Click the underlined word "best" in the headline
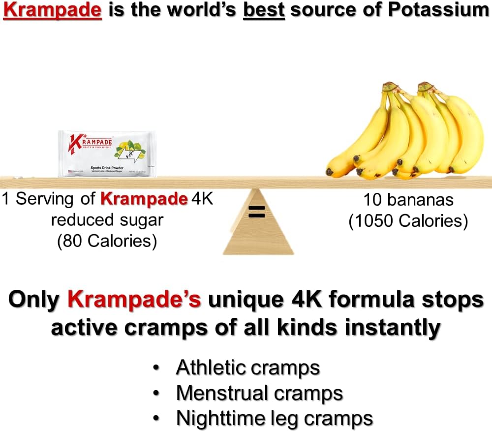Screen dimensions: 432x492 pos(265,10)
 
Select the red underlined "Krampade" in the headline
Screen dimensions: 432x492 pos(56,10)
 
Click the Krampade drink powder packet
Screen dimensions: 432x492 pos(107,153)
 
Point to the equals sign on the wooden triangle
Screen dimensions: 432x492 pos(256,212)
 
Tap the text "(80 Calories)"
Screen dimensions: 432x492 pos(107,241)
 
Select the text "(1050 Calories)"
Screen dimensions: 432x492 pos(408,221)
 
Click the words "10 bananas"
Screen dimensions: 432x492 pos(408,200)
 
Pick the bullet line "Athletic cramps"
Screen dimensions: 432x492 pos(248,368)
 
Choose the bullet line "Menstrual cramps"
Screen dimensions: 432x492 pos(259,393)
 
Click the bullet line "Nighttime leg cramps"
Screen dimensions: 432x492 pos(274,419)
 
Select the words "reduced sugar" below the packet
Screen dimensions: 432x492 pos(107,220)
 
